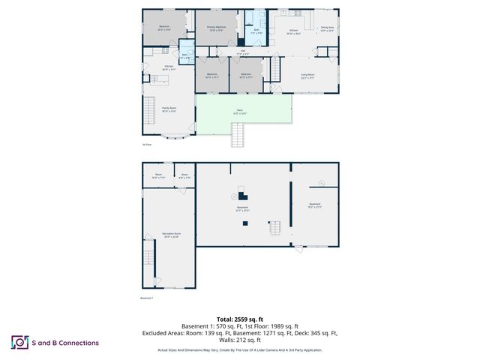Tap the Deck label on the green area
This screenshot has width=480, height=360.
(239, 112)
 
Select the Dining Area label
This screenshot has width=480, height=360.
(327, 30)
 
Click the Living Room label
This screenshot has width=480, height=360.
(307, 76)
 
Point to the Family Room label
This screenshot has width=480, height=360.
(169, 109)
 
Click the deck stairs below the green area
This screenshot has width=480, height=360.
(239, 136)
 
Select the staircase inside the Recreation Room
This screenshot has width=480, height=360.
(149, 262)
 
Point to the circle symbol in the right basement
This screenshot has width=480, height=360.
(321, 182)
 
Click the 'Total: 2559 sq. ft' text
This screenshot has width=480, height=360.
(239, 319)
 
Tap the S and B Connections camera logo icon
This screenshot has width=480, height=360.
(19, 342)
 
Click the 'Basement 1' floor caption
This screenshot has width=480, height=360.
(147, 298)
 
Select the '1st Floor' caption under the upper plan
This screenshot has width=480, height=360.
(147, 144)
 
